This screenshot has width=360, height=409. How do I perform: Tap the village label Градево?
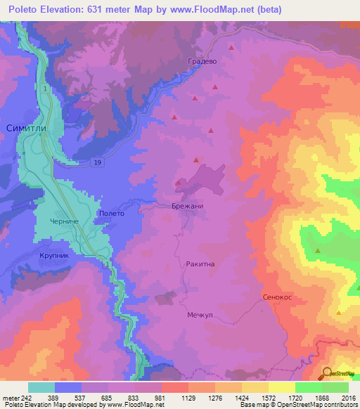tap(202, 61)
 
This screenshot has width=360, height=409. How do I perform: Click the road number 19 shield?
tap(96, 162)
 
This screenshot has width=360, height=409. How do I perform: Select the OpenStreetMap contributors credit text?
tap(313, 405)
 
